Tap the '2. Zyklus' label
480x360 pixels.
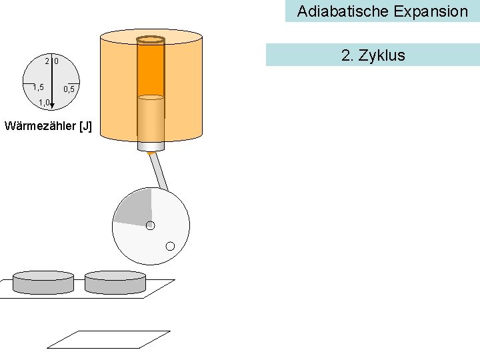click(373, 55)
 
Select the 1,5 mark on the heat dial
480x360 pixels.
click(38, 87)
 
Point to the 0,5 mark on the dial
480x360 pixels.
click(69, 89)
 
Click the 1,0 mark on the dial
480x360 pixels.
click(44, 102)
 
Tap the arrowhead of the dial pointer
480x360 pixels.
click(52, 105)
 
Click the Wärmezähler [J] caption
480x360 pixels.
click(48, 126)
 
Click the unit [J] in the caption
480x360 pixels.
click(85, 126)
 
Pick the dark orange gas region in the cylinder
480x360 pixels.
click(151, 67)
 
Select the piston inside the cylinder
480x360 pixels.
click(151, 120)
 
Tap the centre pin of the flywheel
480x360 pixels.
click(150, 225)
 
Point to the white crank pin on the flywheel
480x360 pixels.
click(169, 246)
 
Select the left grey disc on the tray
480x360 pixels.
click(43, 283)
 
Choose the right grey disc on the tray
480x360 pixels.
click(115, 283)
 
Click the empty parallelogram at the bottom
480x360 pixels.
click(109, 339)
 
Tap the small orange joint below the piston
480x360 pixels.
click(151, 154)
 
